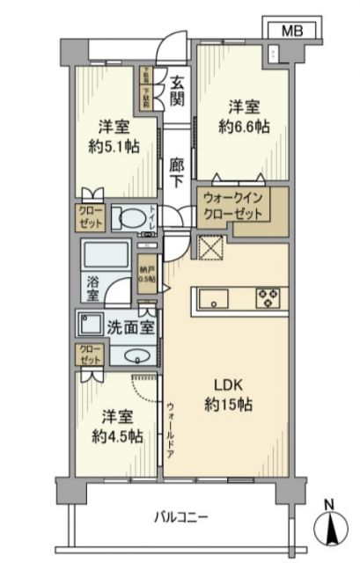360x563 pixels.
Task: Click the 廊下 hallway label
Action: [178, 170]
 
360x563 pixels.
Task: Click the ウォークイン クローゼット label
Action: [231, 207]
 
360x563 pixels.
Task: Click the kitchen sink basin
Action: [215, 296]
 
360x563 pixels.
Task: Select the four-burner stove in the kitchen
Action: [268, 297]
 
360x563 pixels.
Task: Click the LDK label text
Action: [228, 386]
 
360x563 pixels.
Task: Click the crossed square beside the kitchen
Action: [210, 250]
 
